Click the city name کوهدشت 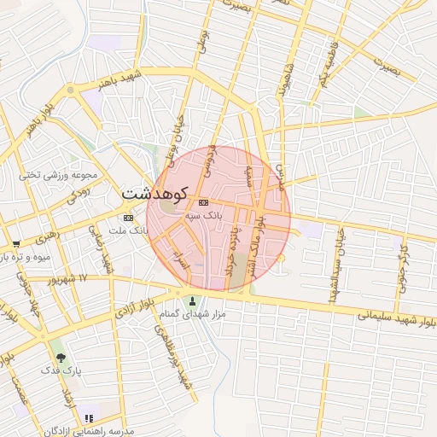155,194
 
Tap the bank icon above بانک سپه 203,203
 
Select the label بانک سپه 203,217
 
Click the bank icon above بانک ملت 128,218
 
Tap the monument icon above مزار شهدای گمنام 191,300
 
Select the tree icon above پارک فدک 60,358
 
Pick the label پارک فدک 60,371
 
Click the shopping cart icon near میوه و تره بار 15,244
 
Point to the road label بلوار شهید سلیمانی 392,318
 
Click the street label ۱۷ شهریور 68,279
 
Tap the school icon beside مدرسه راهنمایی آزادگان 89,418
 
